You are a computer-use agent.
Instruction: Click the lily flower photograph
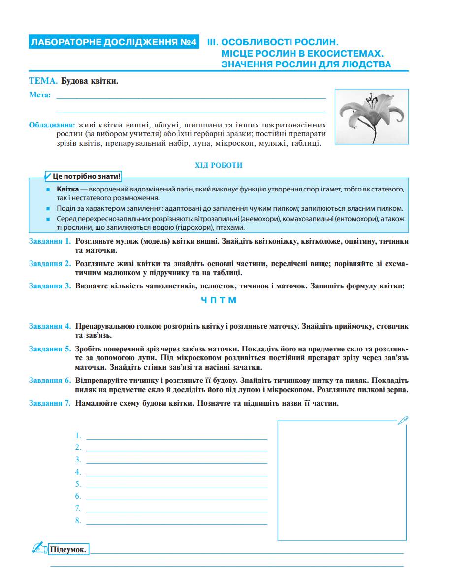371,117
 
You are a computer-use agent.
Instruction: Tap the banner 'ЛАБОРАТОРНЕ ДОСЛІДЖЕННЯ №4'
114,42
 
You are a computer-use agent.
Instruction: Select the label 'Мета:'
40,95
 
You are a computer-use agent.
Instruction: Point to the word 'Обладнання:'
52,125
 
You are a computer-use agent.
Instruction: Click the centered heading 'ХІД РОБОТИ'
219,165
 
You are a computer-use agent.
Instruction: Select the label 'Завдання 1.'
50,242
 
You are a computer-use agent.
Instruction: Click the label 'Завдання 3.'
50,286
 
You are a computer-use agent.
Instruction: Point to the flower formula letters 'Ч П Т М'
219,300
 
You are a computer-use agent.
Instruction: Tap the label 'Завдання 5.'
50,349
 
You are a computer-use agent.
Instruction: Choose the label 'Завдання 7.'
50,403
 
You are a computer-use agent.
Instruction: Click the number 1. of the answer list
78,435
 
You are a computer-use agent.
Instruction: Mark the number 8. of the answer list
78,521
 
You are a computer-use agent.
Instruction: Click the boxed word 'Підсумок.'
69,549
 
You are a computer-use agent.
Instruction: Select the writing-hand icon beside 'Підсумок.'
38,547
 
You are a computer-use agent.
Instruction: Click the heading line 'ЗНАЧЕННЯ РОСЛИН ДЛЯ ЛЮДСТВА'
306,64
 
